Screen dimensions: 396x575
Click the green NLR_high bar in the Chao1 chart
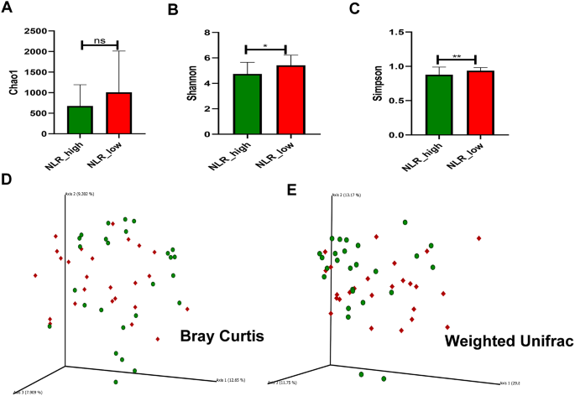click(x=80, y=120)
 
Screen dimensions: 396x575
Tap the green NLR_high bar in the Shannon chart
click(x=248, y=104)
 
